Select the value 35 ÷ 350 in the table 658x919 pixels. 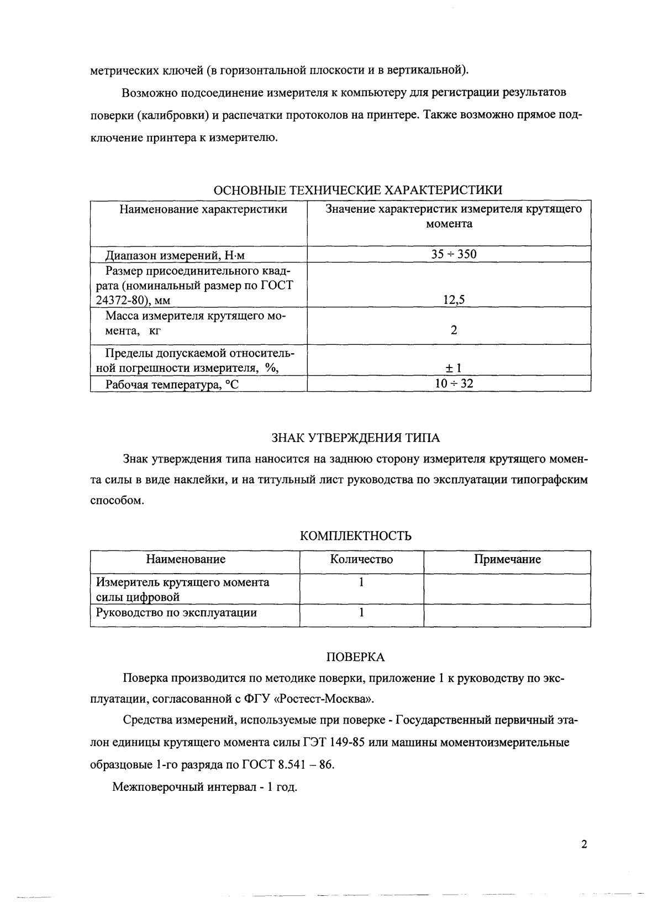click(454, 254)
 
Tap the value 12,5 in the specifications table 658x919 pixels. click(454, 300)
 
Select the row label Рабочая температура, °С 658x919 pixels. click(172, 385)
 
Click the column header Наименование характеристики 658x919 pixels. click(203, 209)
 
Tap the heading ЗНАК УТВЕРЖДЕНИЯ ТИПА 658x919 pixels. click(355, 438)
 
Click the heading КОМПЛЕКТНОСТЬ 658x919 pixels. click(355, 536)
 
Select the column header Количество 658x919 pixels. click(361, 559)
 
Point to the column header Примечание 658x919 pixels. click(507, 559)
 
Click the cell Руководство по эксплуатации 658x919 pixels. click(176, 612)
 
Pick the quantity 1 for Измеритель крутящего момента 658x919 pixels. click(361, 582)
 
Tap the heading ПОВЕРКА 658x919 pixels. click(355, 657)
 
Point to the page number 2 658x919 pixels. click(585, 845)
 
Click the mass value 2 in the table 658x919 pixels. click(454, 330)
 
